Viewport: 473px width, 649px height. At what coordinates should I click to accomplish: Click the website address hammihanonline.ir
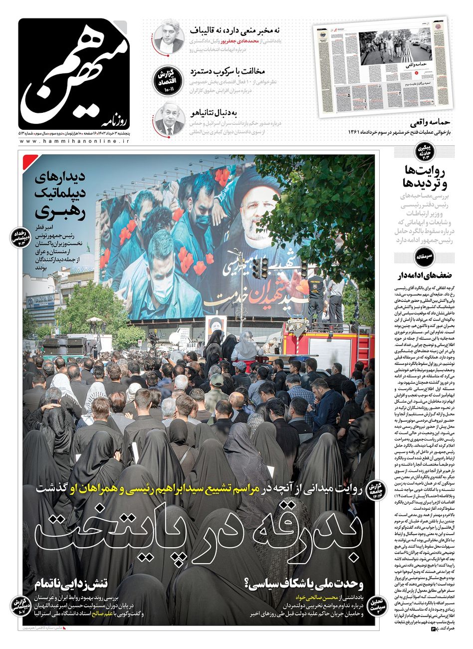coord(75,142)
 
